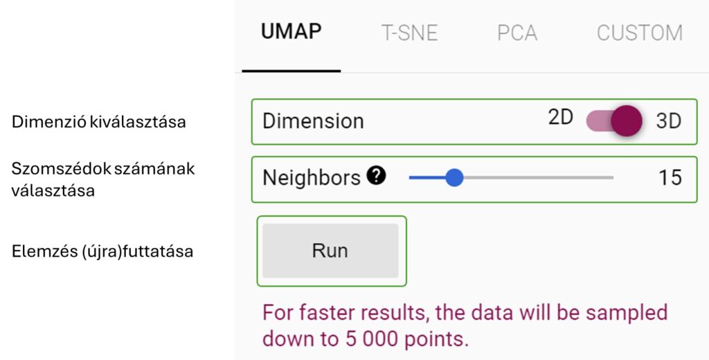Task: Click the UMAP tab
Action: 291,32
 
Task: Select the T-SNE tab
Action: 410,33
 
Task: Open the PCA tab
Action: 517,33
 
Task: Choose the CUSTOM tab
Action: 639,33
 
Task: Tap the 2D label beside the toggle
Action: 561,118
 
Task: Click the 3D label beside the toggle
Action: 668,121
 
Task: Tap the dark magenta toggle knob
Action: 626,120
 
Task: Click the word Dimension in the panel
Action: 313,121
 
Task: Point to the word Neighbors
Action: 312,178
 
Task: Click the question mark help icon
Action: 376,176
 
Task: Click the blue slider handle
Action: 454,178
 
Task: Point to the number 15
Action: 670,178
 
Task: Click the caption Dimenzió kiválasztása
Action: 98,122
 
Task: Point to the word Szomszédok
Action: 61,169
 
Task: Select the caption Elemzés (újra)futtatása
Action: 102,251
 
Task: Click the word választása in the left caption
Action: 53,190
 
